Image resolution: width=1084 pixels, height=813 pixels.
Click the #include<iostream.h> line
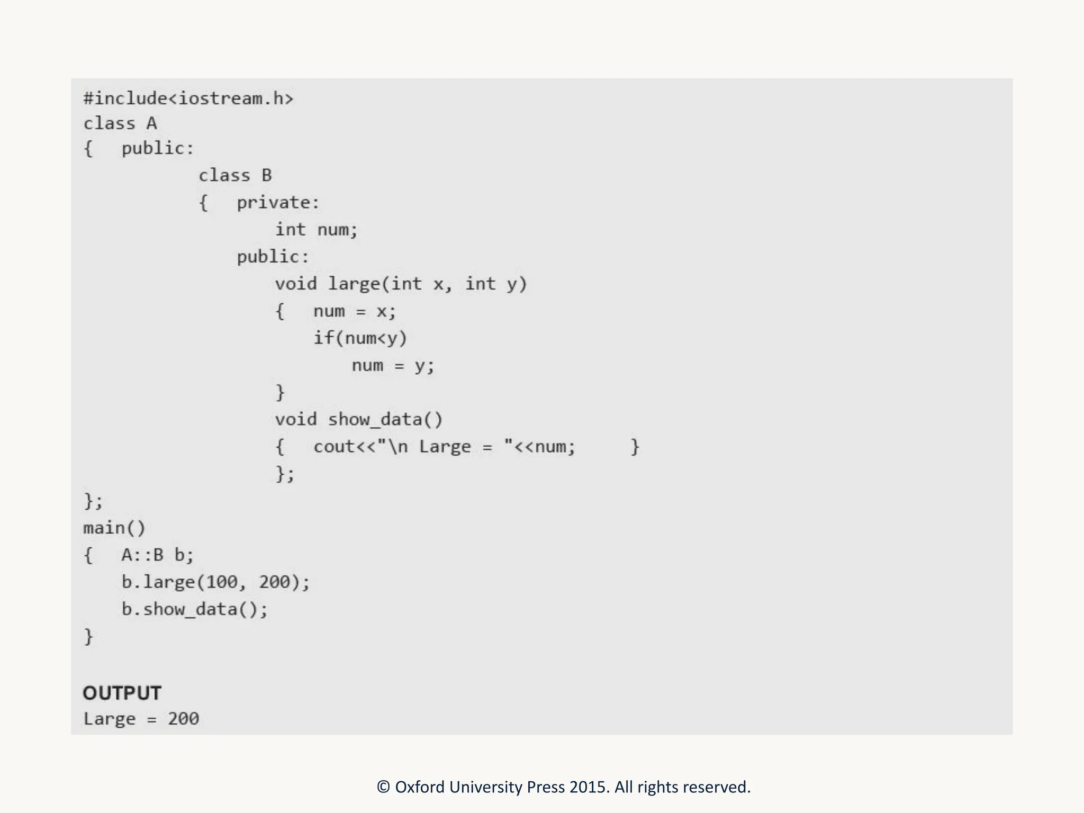pos(188,99)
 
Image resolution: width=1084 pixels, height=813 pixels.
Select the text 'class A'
pos(120,124)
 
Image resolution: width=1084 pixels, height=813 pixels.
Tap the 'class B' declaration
pos(235,175)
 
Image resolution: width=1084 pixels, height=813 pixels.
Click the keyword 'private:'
pos(278,203)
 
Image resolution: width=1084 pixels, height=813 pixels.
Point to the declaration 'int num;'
pos(316,230)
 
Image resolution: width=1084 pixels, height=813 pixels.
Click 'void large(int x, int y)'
pos(401,284)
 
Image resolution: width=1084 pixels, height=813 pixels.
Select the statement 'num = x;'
pos(354,311)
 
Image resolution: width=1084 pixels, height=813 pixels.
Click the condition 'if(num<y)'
pos(360,338)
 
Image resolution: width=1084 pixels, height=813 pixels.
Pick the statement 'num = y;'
pos(393,366)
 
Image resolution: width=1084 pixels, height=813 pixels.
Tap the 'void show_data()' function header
pos(358,420)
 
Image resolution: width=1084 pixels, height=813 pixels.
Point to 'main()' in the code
pos(114,528)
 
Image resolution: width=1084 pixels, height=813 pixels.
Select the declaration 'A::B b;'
pos(157,555)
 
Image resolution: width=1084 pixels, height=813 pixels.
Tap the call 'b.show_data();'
pos(194,609)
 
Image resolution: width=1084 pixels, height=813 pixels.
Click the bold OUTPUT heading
pos(122,693)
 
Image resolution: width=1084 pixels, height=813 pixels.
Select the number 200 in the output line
pos(183,719)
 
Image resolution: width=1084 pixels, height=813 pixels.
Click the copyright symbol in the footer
pos(383,787)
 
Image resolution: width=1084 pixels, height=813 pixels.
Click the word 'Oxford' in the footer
pos(420,787)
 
